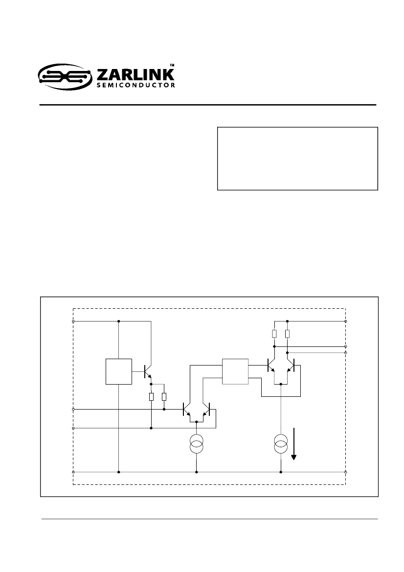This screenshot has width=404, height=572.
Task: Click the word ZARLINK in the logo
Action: (x=135, y=75)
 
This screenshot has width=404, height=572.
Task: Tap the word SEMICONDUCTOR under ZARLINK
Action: (x=135, y=85)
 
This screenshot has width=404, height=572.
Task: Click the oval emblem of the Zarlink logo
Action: (x=65, y=77)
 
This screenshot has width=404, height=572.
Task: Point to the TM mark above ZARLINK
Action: (x=172, y=65)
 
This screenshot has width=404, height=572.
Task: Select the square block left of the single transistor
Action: (x=119, y=371)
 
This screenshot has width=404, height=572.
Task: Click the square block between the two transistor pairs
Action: (x=235, y=371)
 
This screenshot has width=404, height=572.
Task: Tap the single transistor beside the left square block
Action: (x=147, y=372)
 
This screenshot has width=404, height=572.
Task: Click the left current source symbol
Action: (x=197, y=444)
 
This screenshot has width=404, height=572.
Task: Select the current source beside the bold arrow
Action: (x=281, y=444)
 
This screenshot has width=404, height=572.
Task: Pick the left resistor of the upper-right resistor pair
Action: (x=274, y=333)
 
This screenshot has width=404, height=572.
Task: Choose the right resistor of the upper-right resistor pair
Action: (x=287, y=333)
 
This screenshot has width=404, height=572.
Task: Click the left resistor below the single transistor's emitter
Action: (x=151, y=396)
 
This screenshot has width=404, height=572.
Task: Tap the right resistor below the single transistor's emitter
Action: (x=164, y=396)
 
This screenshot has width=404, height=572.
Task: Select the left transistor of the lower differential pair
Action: (x=186, y=409)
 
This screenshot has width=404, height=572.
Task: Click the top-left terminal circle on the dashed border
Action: (x=73, y=321)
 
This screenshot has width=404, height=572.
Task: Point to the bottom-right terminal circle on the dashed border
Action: (x=346, y=472)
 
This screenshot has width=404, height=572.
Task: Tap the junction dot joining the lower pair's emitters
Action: (x=197, y=421)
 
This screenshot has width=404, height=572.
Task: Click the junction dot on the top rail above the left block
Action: (x=119, y=321)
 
